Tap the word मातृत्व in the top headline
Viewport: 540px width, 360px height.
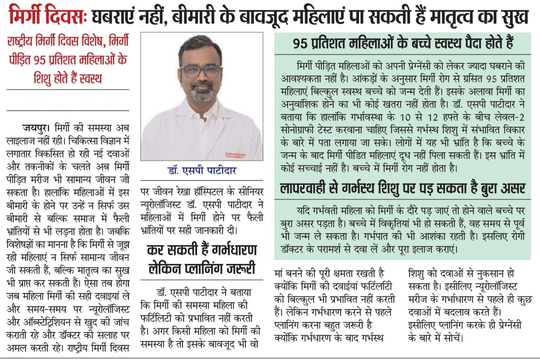460,16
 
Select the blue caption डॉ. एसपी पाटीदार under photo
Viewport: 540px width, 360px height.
202,170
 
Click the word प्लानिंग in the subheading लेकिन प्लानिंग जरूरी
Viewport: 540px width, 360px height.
206,269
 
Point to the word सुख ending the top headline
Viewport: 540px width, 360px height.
516,16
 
